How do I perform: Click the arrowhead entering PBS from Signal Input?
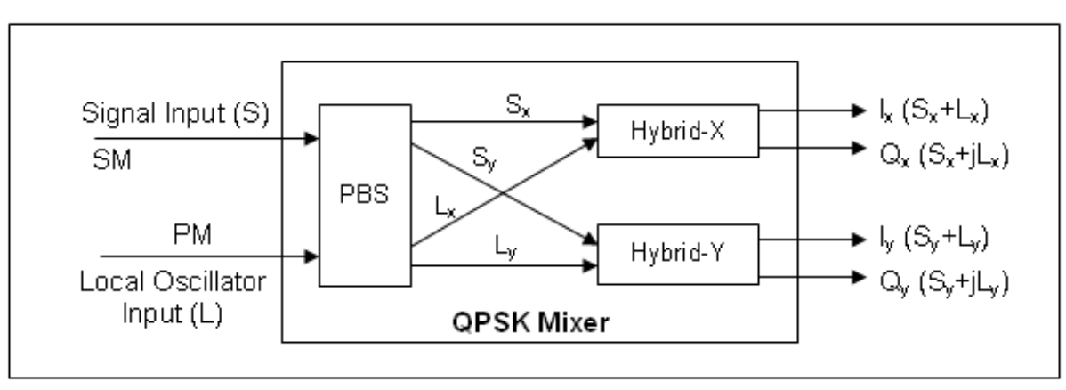311,138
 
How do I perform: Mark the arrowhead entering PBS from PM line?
311,258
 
